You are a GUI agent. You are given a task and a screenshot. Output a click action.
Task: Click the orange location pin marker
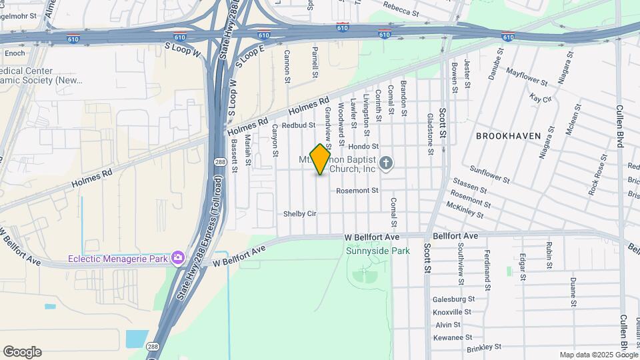(321, 159)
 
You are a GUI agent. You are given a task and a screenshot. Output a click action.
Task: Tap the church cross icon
(385, 163)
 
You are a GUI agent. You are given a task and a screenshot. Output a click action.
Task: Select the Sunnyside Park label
(369, 251)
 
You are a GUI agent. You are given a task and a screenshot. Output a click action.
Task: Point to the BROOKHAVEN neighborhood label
(508, 135)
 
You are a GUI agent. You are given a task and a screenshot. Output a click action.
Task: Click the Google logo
(22, 351)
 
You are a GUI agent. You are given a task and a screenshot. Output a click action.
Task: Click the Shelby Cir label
(299, 214)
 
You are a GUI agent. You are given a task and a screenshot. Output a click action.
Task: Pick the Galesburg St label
(453, 299)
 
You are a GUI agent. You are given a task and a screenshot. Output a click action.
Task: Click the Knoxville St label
(452, 312)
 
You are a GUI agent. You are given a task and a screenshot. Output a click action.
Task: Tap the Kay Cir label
(541, 99)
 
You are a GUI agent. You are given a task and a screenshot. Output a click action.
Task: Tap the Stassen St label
(471, 181)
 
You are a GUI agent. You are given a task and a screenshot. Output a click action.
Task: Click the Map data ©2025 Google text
(598, 355)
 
